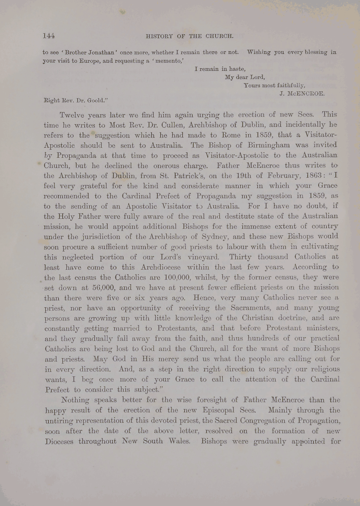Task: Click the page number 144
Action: tap(49, 36)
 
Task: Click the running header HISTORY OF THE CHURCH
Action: tap(189, 36)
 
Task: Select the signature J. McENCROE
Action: tap(302, 94)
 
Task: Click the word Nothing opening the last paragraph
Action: tap(75, 400)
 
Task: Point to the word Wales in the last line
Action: tap(177, 441)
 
